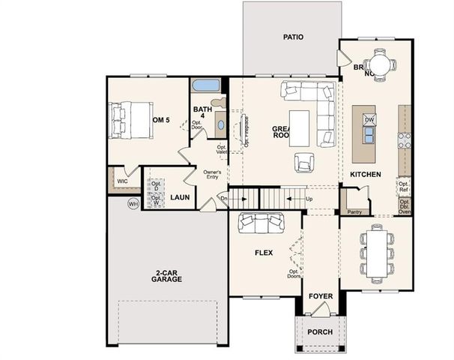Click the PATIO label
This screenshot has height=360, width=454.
tap(293, 36)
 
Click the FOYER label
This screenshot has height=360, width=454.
tap(321, 297)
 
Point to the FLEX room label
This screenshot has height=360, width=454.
tap(264, 253)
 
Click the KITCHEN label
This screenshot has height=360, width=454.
tap(366, 175)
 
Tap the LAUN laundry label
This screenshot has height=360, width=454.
tap(179, 197)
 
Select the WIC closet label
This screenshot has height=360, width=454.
tap(122, 181)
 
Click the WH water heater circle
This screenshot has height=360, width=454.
tap(133, 203)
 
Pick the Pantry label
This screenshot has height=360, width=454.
tap(354, 212)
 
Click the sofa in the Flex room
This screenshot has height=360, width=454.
tap(261, 223)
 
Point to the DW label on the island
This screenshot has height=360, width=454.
tap(369, 120)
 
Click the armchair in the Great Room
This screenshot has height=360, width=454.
tap(305, 162)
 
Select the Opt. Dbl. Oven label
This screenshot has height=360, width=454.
tap(405, 206)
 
